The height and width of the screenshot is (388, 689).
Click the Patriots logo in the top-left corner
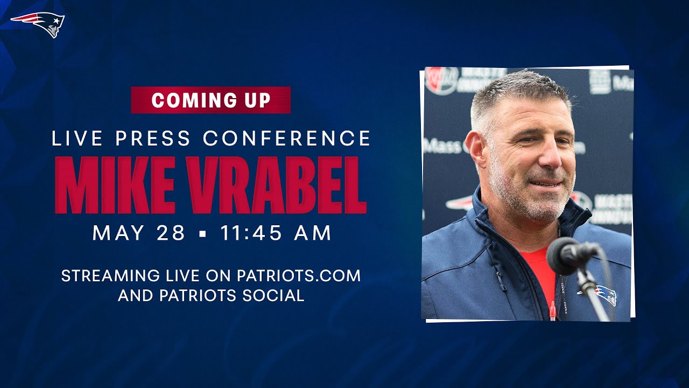click(38, 24)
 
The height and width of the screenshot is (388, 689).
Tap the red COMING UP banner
click(210, 100)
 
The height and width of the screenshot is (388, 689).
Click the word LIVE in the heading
click(77, 138)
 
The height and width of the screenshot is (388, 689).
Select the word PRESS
click(153, 138)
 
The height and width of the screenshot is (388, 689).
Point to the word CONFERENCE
click(287, 138)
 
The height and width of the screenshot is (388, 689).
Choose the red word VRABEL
click(277, 185)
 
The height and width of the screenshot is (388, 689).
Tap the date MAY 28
click(138, 233)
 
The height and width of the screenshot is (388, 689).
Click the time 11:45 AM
click(276, 233)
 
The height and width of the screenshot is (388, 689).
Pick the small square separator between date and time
click(202, 234)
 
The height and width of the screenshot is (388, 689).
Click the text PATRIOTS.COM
click(299, 275)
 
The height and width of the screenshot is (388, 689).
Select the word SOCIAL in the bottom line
click(273, 295)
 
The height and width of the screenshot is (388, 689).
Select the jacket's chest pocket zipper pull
click(500, 282)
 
